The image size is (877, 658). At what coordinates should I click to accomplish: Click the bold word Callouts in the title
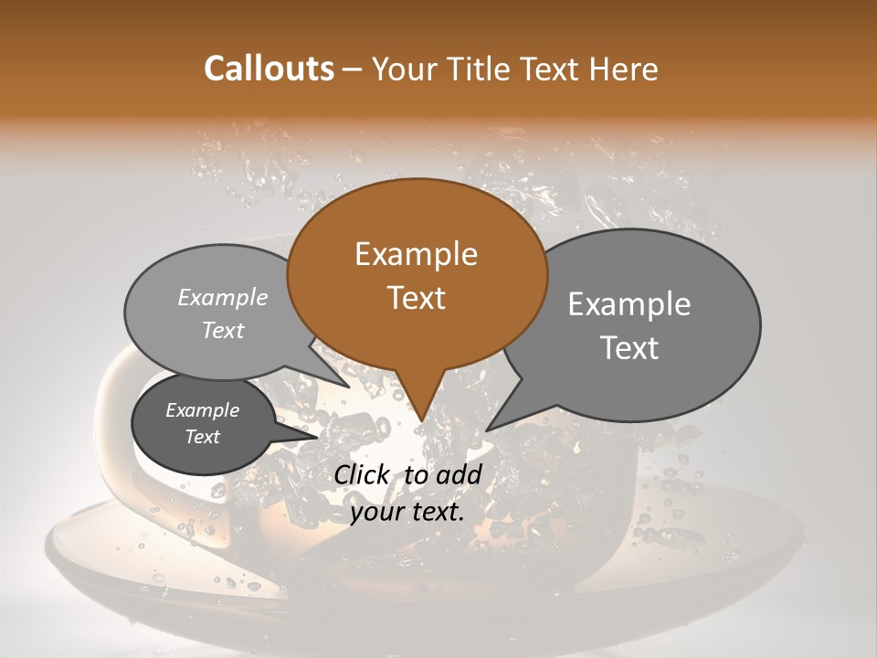coord(269,69)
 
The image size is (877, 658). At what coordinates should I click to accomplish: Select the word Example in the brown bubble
coord(416,254)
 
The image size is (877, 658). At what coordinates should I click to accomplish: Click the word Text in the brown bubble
coord(416,298)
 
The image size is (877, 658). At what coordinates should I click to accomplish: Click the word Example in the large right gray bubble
coord(629,304)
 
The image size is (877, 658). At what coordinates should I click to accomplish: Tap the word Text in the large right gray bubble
coord(629,348)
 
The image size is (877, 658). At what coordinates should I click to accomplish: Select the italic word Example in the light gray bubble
coord(223,298)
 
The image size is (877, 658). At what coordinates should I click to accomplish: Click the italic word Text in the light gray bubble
coord(223,331)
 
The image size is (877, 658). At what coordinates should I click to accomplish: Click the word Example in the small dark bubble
coord(202,410)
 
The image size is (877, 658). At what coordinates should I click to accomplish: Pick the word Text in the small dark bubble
coord(202,437)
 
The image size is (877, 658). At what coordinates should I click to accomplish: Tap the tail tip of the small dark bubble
coord(317,436)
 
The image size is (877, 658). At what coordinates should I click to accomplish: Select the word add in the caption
coord(460,474)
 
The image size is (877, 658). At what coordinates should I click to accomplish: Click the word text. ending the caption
coord(438,512)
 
